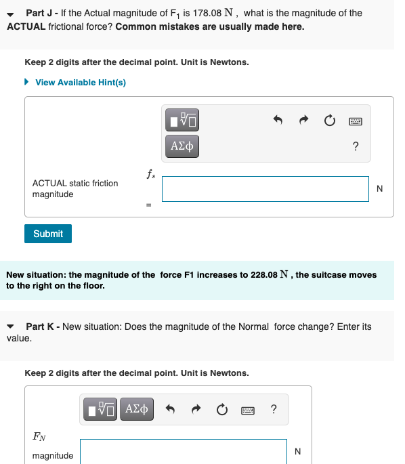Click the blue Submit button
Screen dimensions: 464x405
48,234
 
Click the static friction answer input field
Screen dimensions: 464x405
265,189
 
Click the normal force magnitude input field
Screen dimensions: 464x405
183,450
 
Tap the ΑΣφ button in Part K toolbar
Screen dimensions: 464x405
137,409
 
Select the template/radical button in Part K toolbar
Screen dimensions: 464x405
102,409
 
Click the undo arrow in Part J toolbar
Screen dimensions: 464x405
277,122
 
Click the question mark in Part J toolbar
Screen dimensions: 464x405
356,146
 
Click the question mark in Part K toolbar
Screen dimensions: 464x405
273,409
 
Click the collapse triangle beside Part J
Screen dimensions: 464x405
11,14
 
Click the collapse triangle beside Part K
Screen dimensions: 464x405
11,327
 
